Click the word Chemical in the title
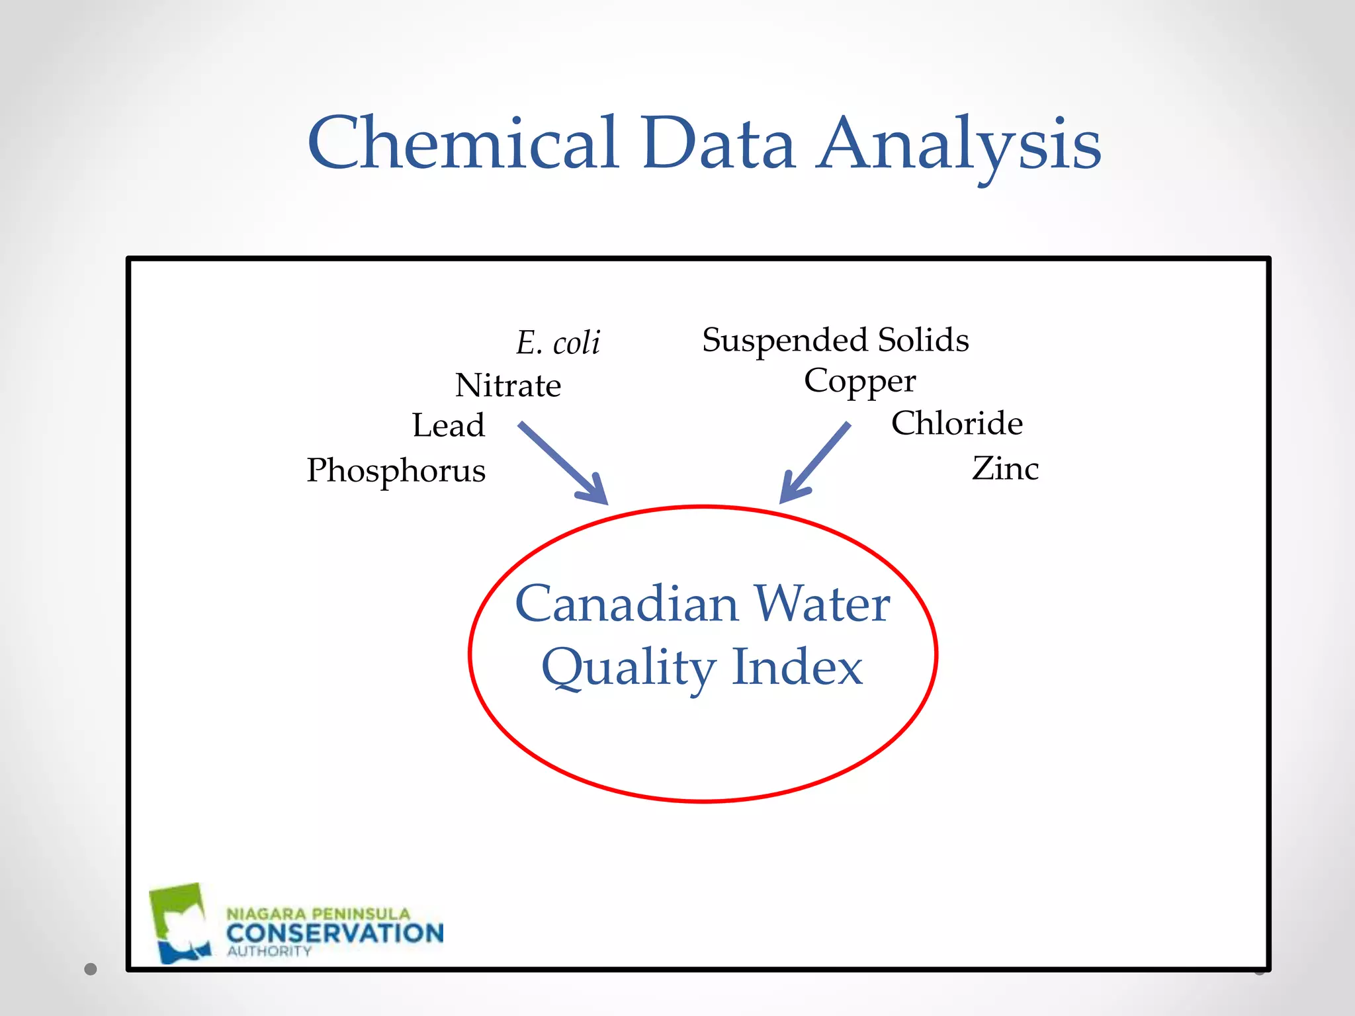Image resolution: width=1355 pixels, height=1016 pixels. point(463,142)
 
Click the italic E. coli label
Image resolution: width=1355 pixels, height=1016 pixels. point(557,343)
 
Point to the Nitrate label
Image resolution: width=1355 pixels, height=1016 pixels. point(507,386)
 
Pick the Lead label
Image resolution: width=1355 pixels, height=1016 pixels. point(448,425)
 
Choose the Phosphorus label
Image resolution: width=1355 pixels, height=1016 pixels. point(396,471)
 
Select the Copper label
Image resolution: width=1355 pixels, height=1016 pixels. point(859,382)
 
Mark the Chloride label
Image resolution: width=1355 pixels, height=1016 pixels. point(956,423)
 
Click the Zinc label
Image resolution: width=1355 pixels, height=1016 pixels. point(1004,468)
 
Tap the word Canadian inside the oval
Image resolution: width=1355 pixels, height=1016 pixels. point(626,604)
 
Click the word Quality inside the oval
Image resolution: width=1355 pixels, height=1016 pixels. point(628,668)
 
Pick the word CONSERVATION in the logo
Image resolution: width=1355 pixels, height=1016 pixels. point(334,933)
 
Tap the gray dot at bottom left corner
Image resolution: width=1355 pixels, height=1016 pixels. point(91,969)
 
